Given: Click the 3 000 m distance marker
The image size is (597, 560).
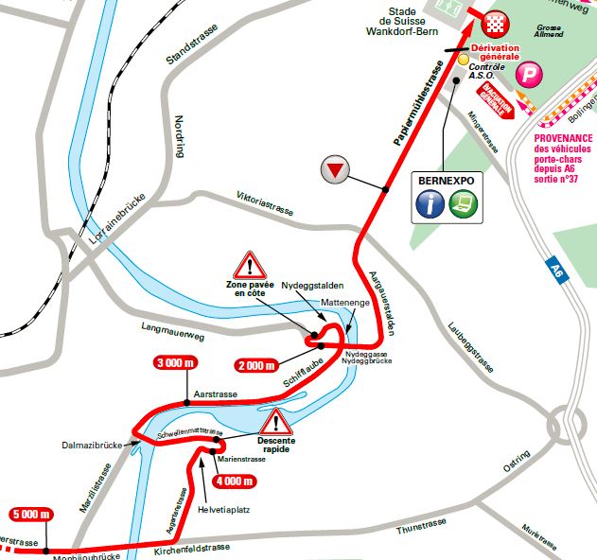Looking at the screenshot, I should (x=175, y=363).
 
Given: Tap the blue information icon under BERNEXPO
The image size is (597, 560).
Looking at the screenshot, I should (x=431, y=203).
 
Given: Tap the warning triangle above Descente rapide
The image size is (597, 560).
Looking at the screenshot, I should (x=277, y=422).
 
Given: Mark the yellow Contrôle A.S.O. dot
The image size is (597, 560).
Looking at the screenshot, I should (x=464, y=60).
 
